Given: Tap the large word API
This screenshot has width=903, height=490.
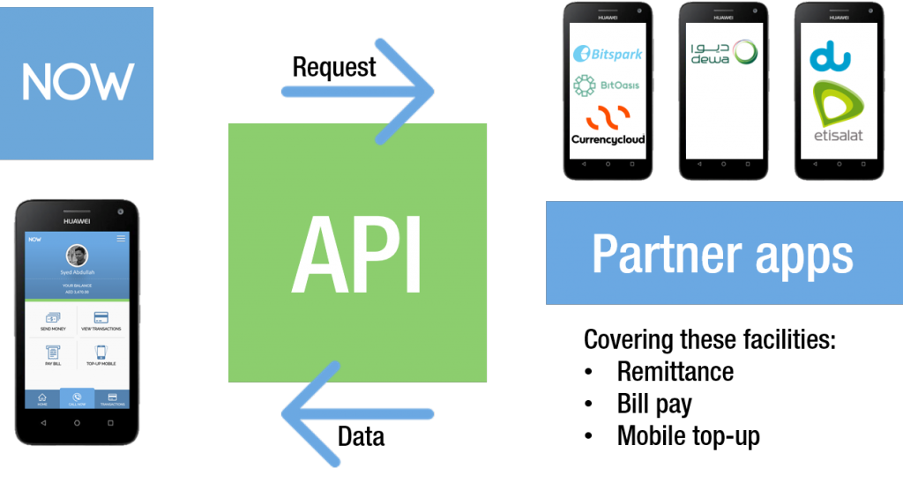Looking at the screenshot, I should click(x=357, y=256).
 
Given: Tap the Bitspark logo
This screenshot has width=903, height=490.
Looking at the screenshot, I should click(x=607, y=54).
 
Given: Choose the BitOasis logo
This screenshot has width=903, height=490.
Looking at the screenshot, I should click(x=607, y=85).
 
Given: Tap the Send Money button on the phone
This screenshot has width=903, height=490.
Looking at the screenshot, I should click(x=53, y=321).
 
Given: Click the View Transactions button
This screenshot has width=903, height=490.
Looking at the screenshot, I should click(x=101, y=321).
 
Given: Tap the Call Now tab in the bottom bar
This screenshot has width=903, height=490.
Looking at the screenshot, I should click(x=77, y=399).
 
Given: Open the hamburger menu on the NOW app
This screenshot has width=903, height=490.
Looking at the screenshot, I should click(x=121, y=239).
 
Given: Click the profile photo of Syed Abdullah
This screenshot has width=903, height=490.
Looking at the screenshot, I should click(x=77, y=256).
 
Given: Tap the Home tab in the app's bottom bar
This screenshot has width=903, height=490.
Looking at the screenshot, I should click(x=41, y=399).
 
